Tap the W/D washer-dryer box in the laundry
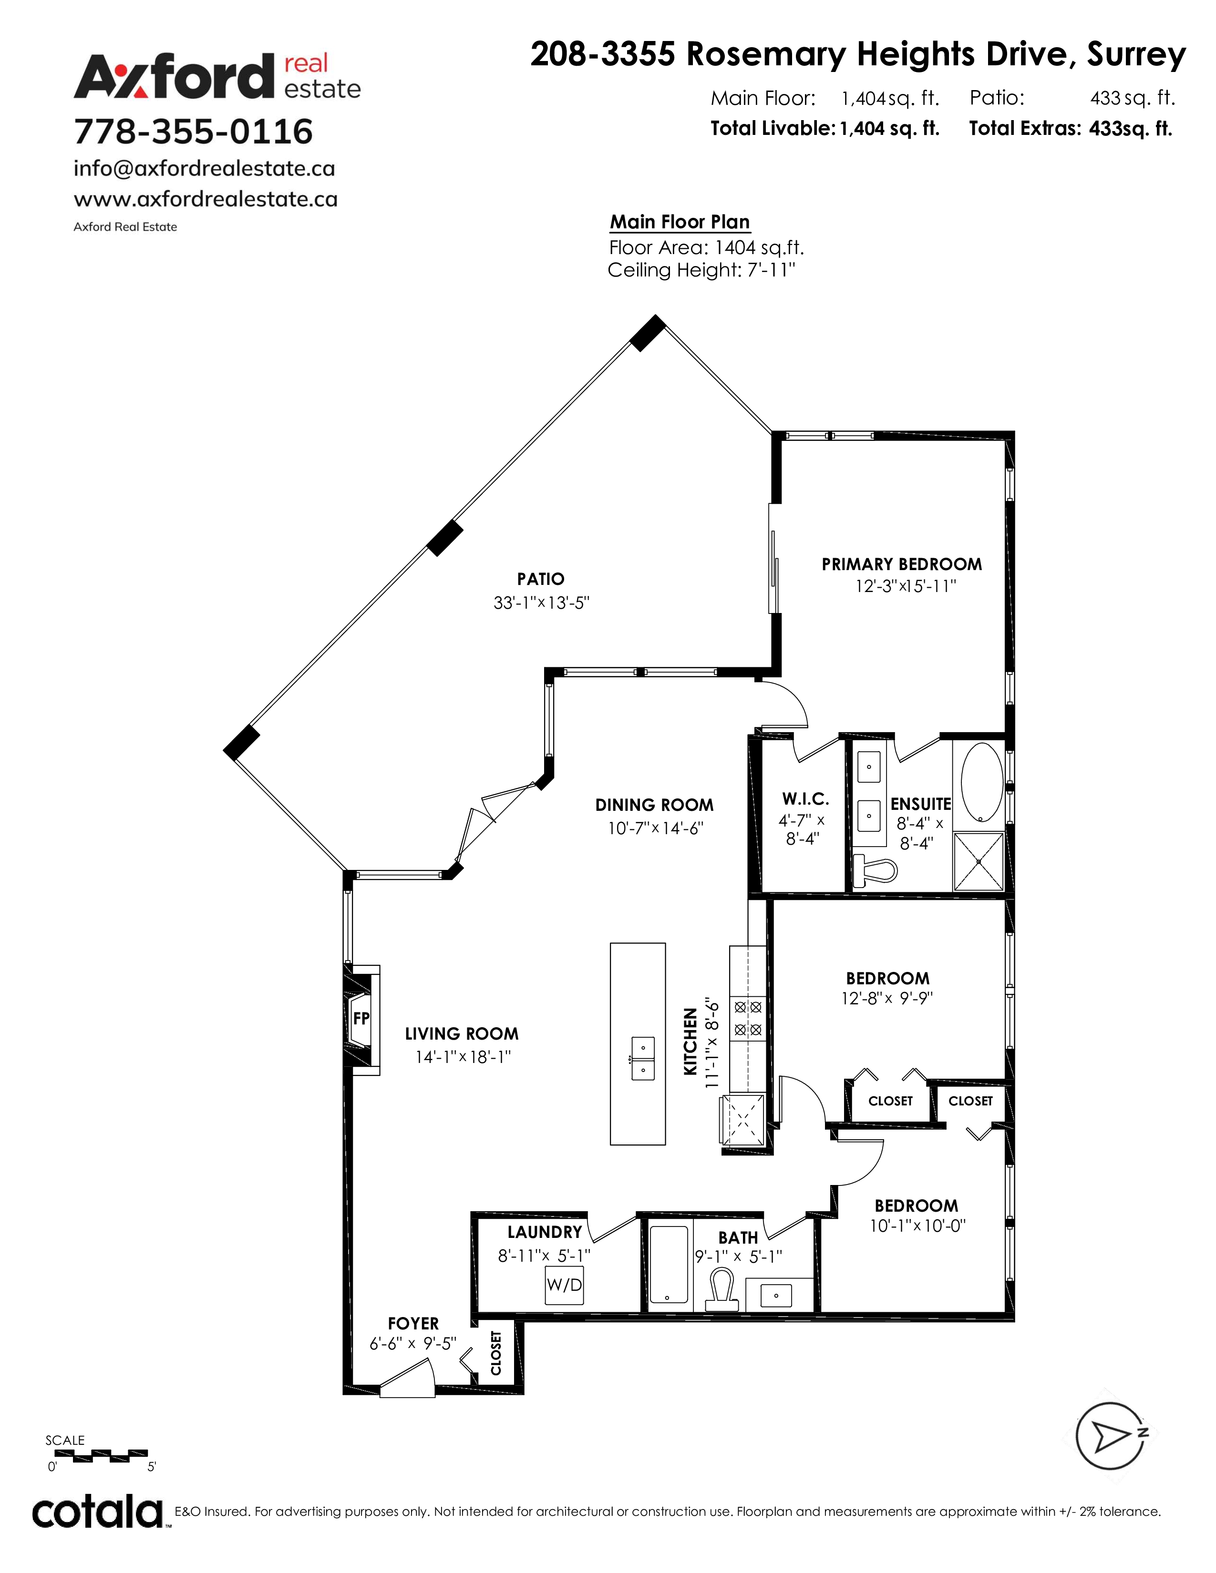(x=564, y=1286)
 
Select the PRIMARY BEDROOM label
(x=902, y=564)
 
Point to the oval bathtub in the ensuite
(x=982, y=782)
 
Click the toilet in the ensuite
(x=874, y=871)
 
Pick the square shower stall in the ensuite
(x=978, y=861)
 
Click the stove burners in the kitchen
(x=748, y=1019)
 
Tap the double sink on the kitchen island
(x=643, y=1059)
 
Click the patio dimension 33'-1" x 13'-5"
(x=541, y=603)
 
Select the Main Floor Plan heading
(x=680, y=222)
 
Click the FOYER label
(x=413, y=1323)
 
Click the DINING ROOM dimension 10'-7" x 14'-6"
(x=655, y=828)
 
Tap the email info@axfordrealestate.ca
(x=205, y=169)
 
